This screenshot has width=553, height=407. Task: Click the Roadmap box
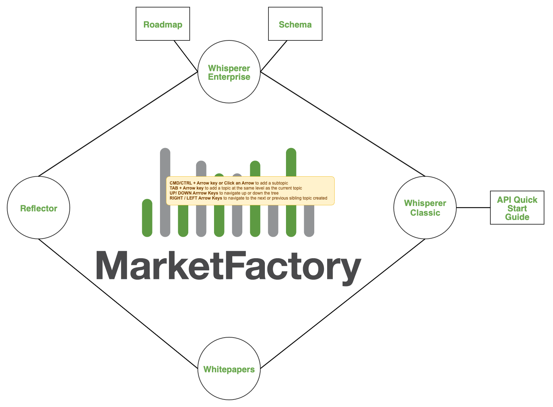tap(163, 24)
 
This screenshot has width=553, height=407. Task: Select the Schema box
tap(295, 24)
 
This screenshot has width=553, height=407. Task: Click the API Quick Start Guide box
tap(517, 208)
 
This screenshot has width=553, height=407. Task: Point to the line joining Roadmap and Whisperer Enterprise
tap(186, 56)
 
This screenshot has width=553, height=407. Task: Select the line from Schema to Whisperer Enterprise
tap(274, 56)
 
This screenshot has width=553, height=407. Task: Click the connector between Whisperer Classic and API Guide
tap(473, 207)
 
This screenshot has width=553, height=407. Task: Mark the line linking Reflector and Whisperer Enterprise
tap(118, 124)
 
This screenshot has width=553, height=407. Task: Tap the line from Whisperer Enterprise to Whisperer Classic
tap(343, 124)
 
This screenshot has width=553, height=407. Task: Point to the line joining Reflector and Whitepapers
tap(118, 304)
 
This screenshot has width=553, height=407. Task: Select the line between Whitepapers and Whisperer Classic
tap(343, 304)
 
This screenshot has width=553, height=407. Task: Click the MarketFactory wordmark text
tap(228, 266)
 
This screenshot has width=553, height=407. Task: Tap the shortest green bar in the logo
tap(147, 218)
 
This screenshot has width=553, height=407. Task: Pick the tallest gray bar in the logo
tap(165, 161)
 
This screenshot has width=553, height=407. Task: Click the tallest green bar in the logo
tap(291, 161)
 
